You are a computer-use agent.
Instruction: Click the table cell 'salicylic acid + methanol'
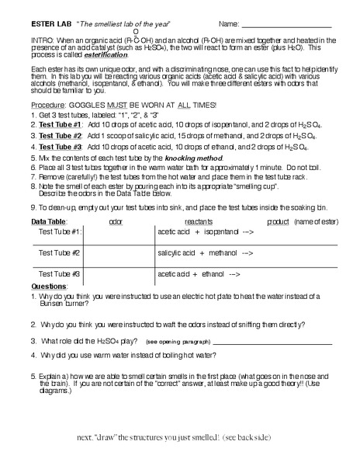[x=199, y=252]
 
